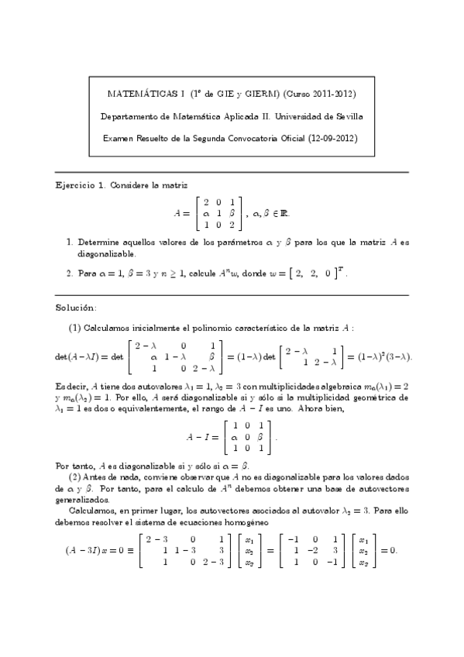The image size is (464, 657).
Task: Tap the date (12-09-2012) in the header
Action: pos(327,138)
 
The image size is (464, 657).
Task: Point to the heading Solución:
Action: pos(76,308)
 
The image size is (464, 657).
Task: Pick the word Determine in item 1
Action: pos(98,243)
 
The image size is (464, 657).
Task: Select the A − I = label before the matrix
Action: pos(203,436)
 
